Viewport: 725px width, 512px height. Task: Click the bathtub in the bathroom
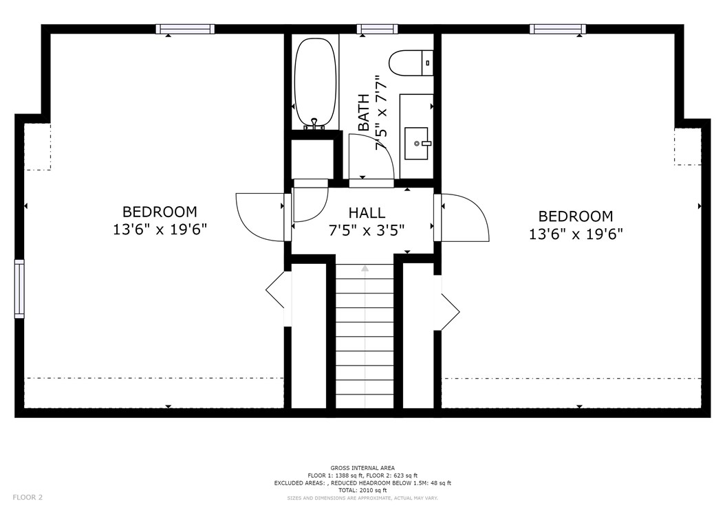point(315,82)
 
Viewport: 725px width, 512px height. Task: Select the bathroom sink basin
point(416,144)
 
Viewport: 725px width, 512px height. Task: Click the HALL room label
point(367,213)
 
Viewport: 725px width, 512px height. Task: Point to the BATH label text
point(364,112)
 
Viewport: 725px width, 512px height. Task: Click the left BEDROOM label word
point(160,212)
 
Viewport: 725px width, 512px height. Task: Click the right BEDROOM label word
point(576,216)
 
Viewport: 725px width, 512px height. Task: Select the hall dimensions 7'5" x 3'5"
point(367,230)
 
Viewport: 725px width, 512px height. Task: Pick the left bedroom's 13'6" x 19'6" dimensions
point(160,230)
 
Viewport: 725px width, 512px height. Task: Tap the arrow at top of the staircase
point(365,268)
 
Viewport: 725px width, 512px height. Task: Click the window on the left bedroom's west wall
point(19,289)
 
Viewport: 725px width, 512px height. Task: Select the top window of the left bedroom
point(185,29)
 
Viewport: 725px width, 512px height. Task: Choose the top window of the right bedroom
point(558,29)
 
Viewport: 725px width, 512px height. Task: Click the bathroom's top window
point(378,29)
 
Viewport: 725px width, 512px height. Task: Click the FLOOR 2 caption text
point(28,498)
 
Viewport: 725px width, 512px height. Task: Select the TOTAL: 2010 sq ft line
point(362,490)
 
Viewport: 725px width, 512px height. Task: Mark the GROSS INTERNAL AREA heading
point(362,468)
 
